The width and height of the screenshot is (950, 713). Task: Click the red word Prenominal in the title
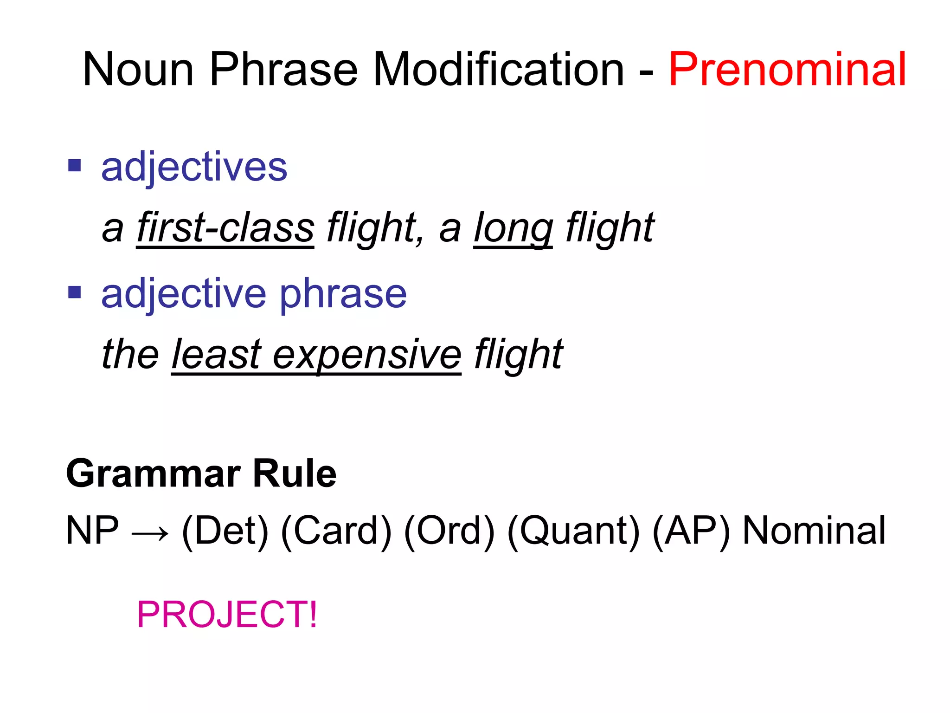(x=787, y=70)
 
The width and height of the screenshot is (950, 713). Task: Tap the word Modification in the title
(x=498, y=70)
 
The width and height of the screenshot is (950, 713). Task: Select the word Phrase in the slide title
(x=283, y=70)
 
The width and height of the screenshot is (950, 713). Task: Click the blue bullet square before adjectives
(x=75, y=165)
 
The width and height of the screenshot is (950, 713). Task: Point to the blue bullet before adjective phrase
(x=75, y=292)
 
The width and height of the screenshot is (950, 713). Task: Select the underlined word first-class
(x=225, y=228)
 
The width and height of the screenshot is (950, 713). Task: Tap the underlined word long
(x=513, y=228)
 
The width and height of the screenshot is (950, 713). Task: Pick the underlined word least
(x=216, y=355)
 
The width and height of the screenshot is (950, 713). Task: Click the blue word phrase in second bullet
(x=343, y=295)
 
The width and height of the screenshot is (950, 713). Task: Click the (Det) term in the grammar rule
(x=225, y=531)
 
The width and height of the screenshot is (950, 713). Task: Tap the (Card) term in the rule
(x=336, y=531)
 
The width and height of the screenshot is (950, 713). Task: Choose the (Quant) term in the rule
(x=573, y=531)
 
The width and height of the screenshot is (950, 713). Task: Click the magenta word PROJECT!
(x=227, y=615)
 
